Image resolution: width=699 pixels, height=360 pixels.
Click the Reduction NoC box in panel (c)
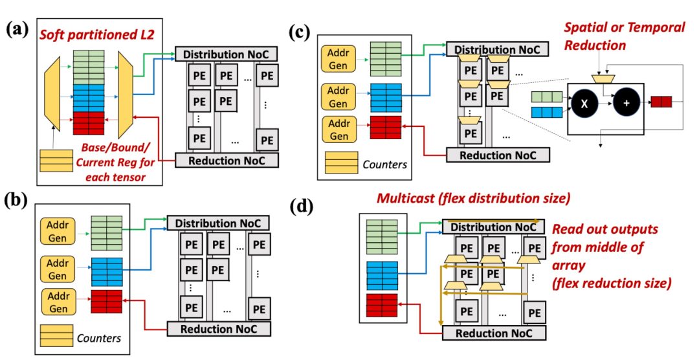[497, 155]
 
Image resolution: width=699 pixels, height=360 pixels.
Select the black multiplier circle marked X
[582, 103]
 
